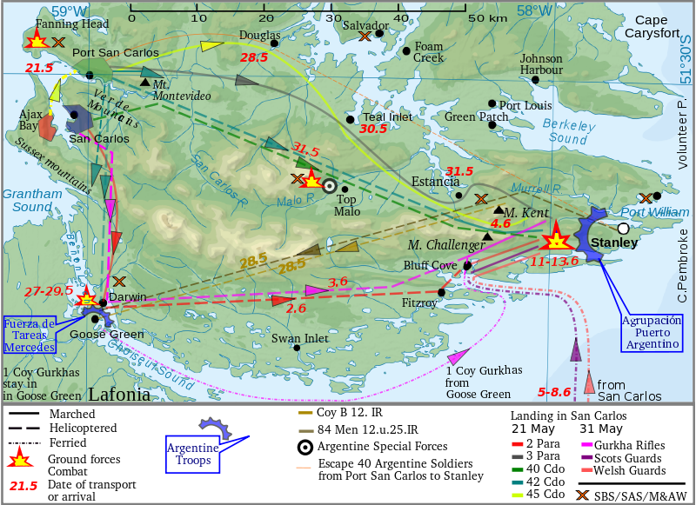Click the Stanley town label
pos(614,243)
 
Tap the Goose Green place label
pos(106,335)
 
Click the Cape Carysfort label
pos(663,26)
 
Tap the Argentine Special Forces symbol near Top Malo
pos(329,185)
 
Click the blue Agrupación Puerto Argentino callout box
pos(651,332)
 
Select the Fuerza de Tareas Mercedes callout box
pos(29,334)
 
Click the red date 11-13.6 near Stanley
pos(554,261)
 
